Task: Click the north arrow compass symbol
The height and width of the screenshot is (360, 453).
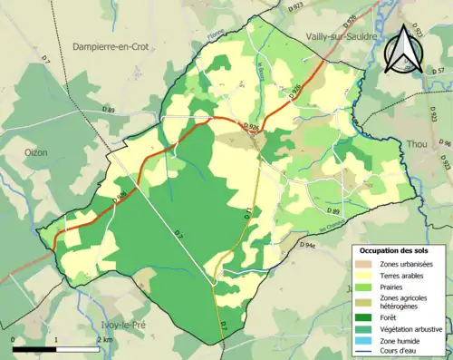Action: click(400, 51)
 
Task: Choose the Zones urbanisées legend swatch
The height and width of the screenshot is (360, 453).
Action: click(367, 264)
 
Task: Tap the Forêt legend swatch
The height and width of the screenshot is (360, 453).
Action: click(367, 316)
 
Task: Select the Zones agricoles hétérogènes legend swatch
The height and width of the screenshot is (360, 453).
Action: click(367, 301)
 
